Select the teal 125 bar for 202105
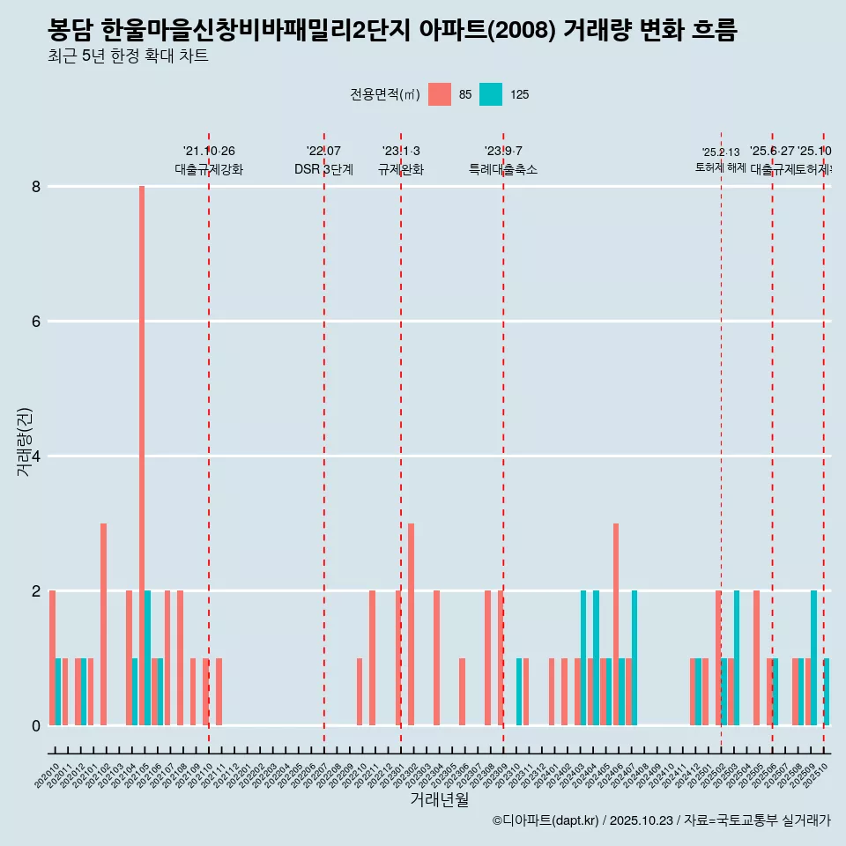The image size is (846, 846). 148,657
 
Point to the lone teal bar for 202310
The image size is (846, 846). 520,692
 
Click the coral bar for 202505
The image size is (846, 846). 756,657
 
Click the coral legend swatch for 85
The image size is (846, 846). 439,94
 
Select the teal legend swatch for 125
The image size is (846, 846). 491,94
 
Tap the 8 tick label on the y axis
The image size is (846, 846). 36,187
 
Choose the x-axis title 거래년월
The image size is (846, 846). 439,800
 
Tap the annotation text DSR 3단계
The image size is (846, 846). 323,169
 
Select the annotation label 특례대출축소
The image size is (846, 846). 502,169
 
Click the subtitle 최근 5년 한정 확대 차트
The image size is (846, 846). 128,57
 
